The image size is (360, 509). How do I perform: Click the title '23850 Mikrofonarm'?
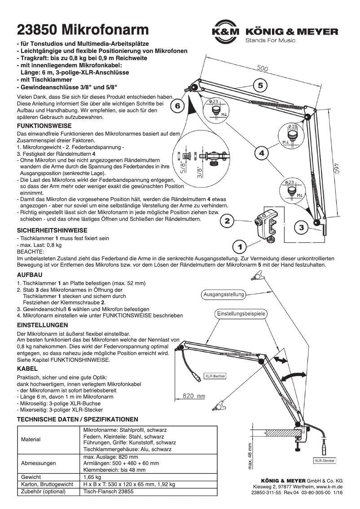coord(83,30)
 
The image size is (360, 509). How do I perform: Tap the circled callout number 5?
coord(261,84)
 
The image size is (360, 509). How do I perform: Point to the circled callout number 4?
coord(262,153)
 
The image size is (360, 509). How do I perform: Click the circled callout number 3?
coord(301,228)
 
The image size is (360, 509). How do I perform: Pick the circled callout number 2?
coord(227,221)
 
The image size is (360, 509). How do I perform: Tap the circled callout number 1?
coord(240,247)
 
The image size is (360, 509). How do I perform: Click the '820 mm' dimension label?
coord(193,396)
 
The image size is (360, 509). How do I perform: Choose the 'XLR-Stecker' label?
coord(324,461)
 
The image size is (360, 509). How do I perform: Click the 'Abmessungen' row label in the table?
coord(39,462)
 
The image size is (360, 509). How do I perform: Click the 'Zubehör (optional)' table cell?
coord(43,491)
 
